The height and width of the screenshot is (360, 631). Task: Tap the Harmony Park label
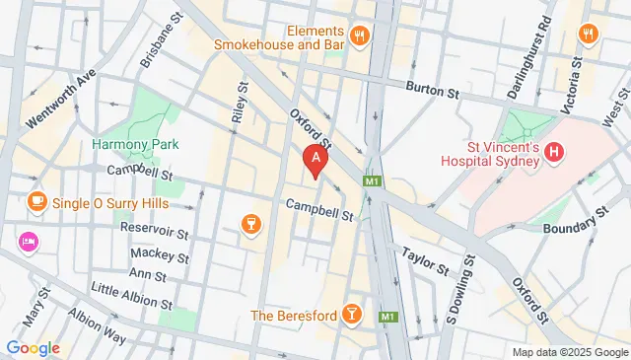[x=126, y=144]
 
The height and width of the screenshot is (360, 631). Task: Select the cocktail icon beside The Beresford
[x=352, y=315]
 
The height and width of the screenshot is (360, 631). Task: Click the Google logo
[x=33, y=347]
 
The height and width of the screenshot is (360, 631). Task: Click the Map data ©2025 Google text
[x=570, y=352]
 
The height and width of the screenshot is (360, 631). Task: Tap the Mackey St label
[x=159, y=253]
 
